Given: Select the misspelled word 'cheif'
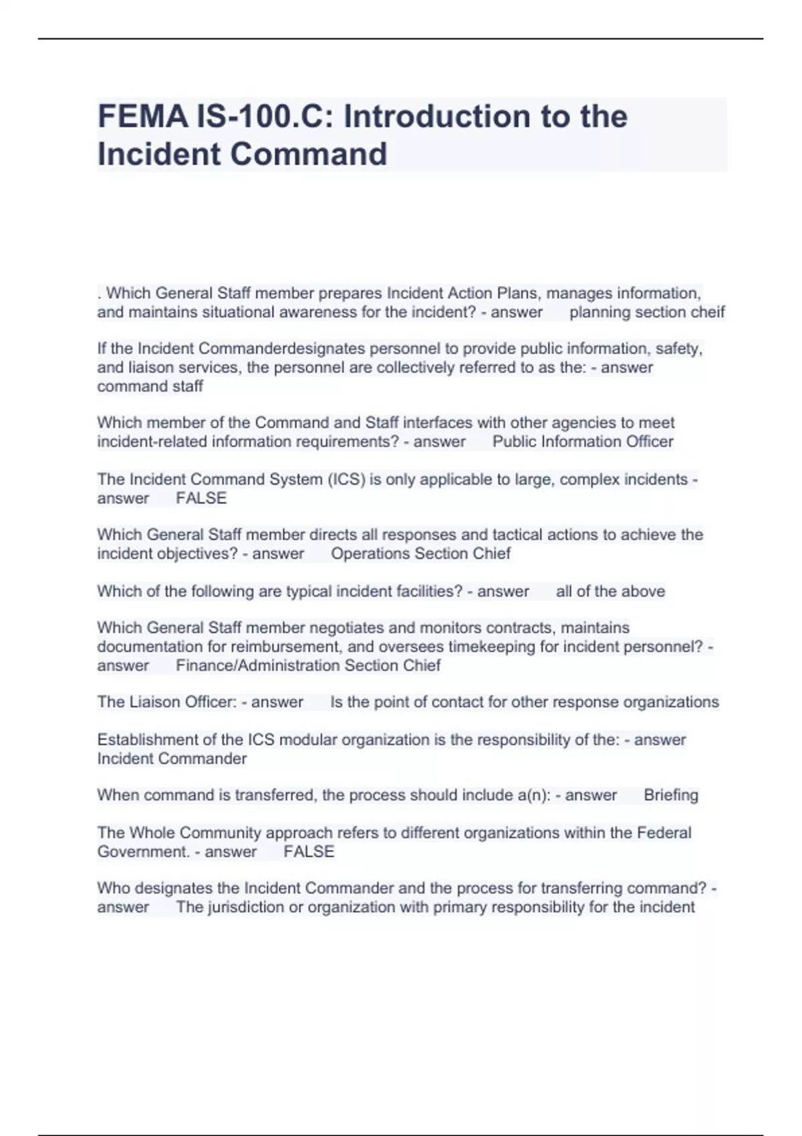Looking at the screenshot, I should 708,312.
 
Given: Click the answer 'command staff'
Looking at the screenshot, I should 150,386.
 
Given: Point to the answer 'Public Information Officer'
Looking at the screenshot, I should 583,442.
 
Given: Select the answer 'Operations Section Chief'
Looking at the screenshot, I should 420,554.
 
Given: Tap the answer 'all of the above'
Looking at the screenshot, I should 610,591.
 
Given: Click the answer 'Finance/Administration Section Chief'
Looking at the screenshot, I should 308,666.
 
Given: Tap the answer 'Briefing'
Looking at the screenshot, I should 670,795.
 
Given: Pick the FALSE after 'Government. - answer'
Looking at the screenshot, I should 309,852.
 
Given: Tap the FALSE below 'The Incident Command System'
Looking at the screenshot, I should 201,499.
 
